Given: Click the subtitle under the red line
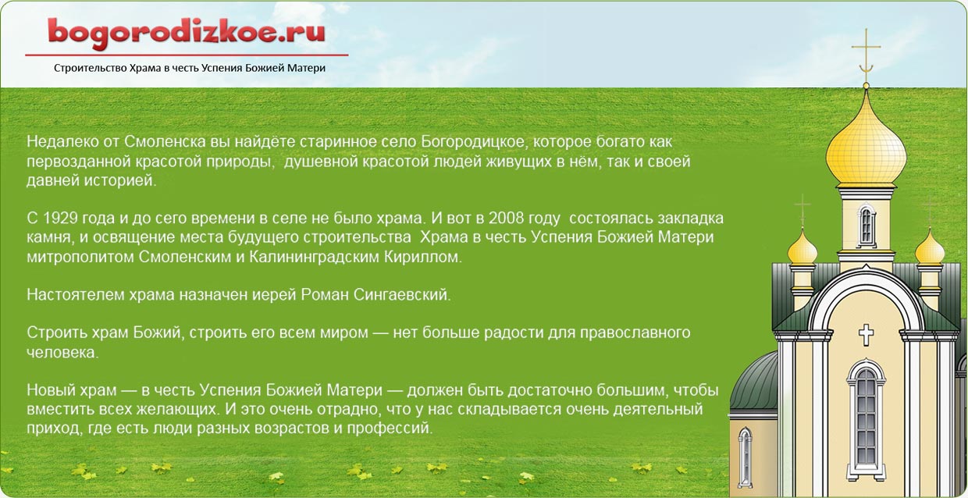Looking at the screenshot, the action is click(190, 68).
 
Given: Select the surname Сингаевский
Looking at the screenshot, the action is click(402, 295).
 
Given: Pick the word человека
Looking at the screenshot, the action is click(62, 353).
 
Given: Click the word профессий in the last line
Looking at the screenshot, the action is click(390, 429).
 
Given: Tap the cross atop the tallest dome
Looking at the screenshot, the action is click(866, 56).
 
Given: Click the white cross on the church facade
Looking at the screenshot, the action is click(866, 335).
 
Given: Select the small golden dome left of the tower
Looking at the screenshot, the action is click(802, 248).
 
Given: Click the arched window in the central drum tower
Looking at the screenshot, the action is click(866, 226).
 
